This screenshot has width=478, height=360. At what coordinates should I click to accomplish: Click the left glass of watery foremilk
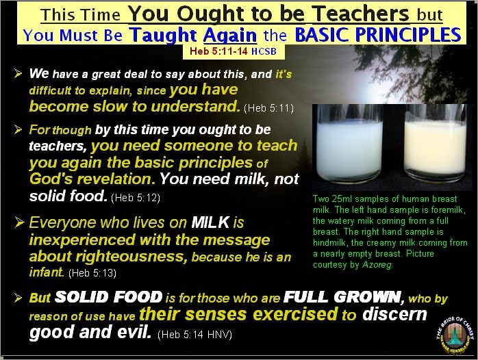[x=350, y=143]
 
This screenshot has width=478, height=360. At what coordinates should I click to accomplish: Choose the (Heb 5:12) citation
[x=136, y=197]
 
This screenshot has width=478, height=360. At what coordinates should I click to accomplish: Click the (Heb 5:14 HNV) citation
[x=194, y=335]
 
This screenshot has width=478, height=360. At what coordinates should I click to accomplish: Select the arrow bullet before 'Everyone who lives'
[x=18, y=222]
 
